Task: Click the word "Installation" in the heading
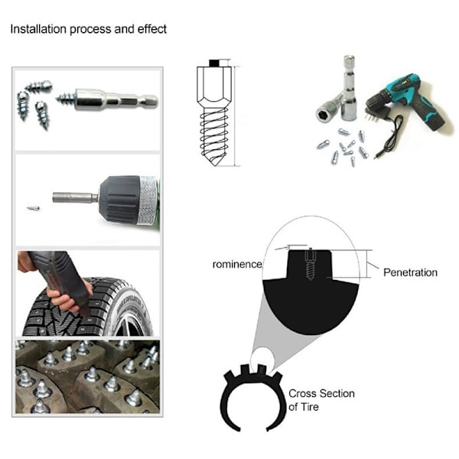tap(38, 29)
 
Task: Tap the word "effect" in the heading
tap(152, 29)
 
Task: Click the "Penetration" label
tap(410, 272)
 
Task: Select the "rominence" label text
tap(237, 265)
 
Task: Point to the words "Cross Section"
tap(321, 393)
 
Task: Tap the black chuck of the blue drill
tap(378, 101)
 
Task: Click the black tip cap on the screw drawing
tap(214, 63)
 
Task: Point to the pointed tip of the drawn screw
tap(216, 165)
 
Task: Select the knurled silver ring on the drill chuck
tap(148, 200)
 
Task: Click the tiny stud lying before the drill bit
tap(33, 208)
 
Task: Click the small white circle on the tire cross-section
tap(262, 360)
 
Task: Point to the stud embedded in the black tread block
tap(310, 264)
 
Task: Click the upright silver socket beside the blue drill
tap(349, 88)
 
